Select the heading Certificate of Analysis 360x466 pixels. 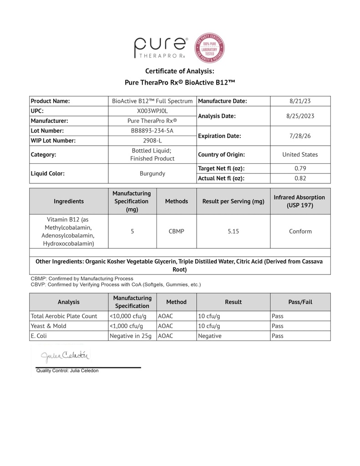pyautogui.click(x=179, y=71)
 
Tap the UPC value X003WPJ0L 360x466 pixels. pyautogui.click(x=152, y=111)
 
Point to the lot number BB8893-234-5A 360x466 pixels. pyautogui.click(x=152, y=131)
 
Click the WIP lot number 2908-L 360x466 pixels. pyautogui.click(x=152, y=141)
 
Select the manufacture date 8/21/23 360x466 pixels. pyautogui.click(x=300, y=101)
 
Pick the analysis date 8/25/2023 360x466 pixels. pyautogui.click(x=300, y=116)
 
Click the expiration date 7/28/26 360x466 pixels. pyautogui.click(x=300, y=136)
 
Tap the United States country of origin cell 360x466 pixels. pyautogui.click(x=300, y=155)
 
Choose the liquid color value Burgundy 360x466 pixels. pyautogui.click(x=152, y=173)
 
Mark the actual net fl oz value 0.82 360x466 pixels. pyautogui.click(x=300, y=178)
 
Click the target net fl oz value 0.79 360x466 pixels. pyautogui.click(x=300, y=168)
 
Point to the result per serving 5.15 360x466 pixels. pyautogui.click(x=233, y=232)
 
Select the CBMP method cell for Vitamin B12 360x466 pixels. pyautogui.click(x=176, y=232)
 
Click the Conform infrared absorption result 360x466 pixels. pyautogui.click(x=300, y=232)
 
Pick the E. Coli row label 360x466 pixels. pyautogui.click(x=39, y=336)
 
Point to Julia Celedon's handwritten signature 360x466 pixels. pyautogui.click(x=66, y=355)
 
